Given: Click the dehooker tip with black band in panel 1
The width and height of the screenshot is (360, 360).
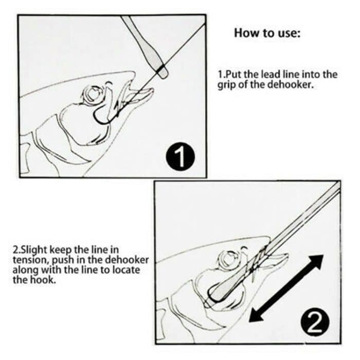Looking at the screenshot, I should [x=161, y=70].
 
